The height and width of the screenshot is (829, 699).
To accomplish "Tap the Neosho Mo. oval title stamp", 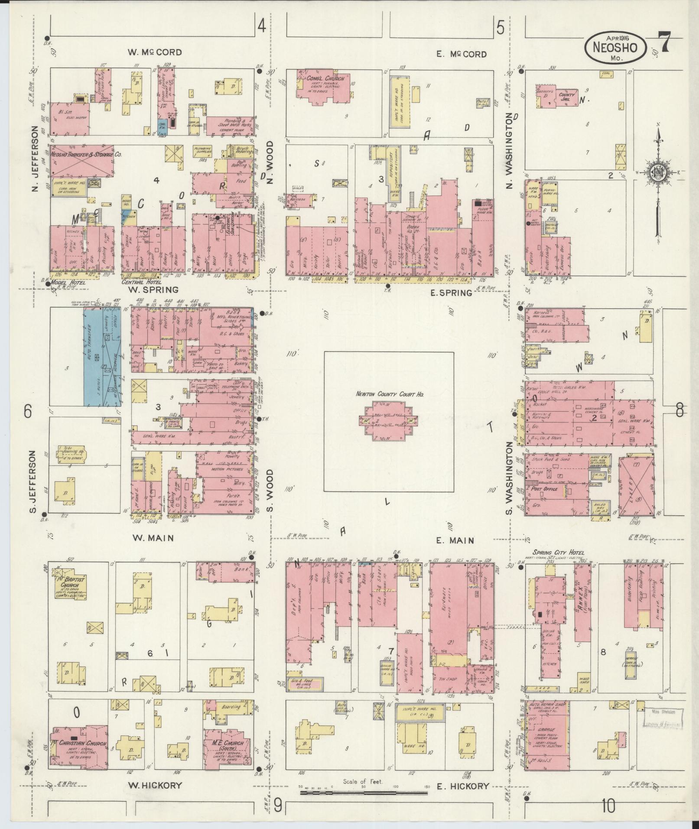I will coord(614,49).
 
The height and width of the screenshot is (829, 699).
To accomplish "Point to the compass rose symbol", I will coord(657,172).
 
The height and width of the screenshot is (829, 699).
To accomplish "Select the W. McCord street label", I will coord(155,52).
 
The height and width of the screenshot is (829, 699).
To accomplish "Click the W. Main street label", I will coord(153,538).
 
